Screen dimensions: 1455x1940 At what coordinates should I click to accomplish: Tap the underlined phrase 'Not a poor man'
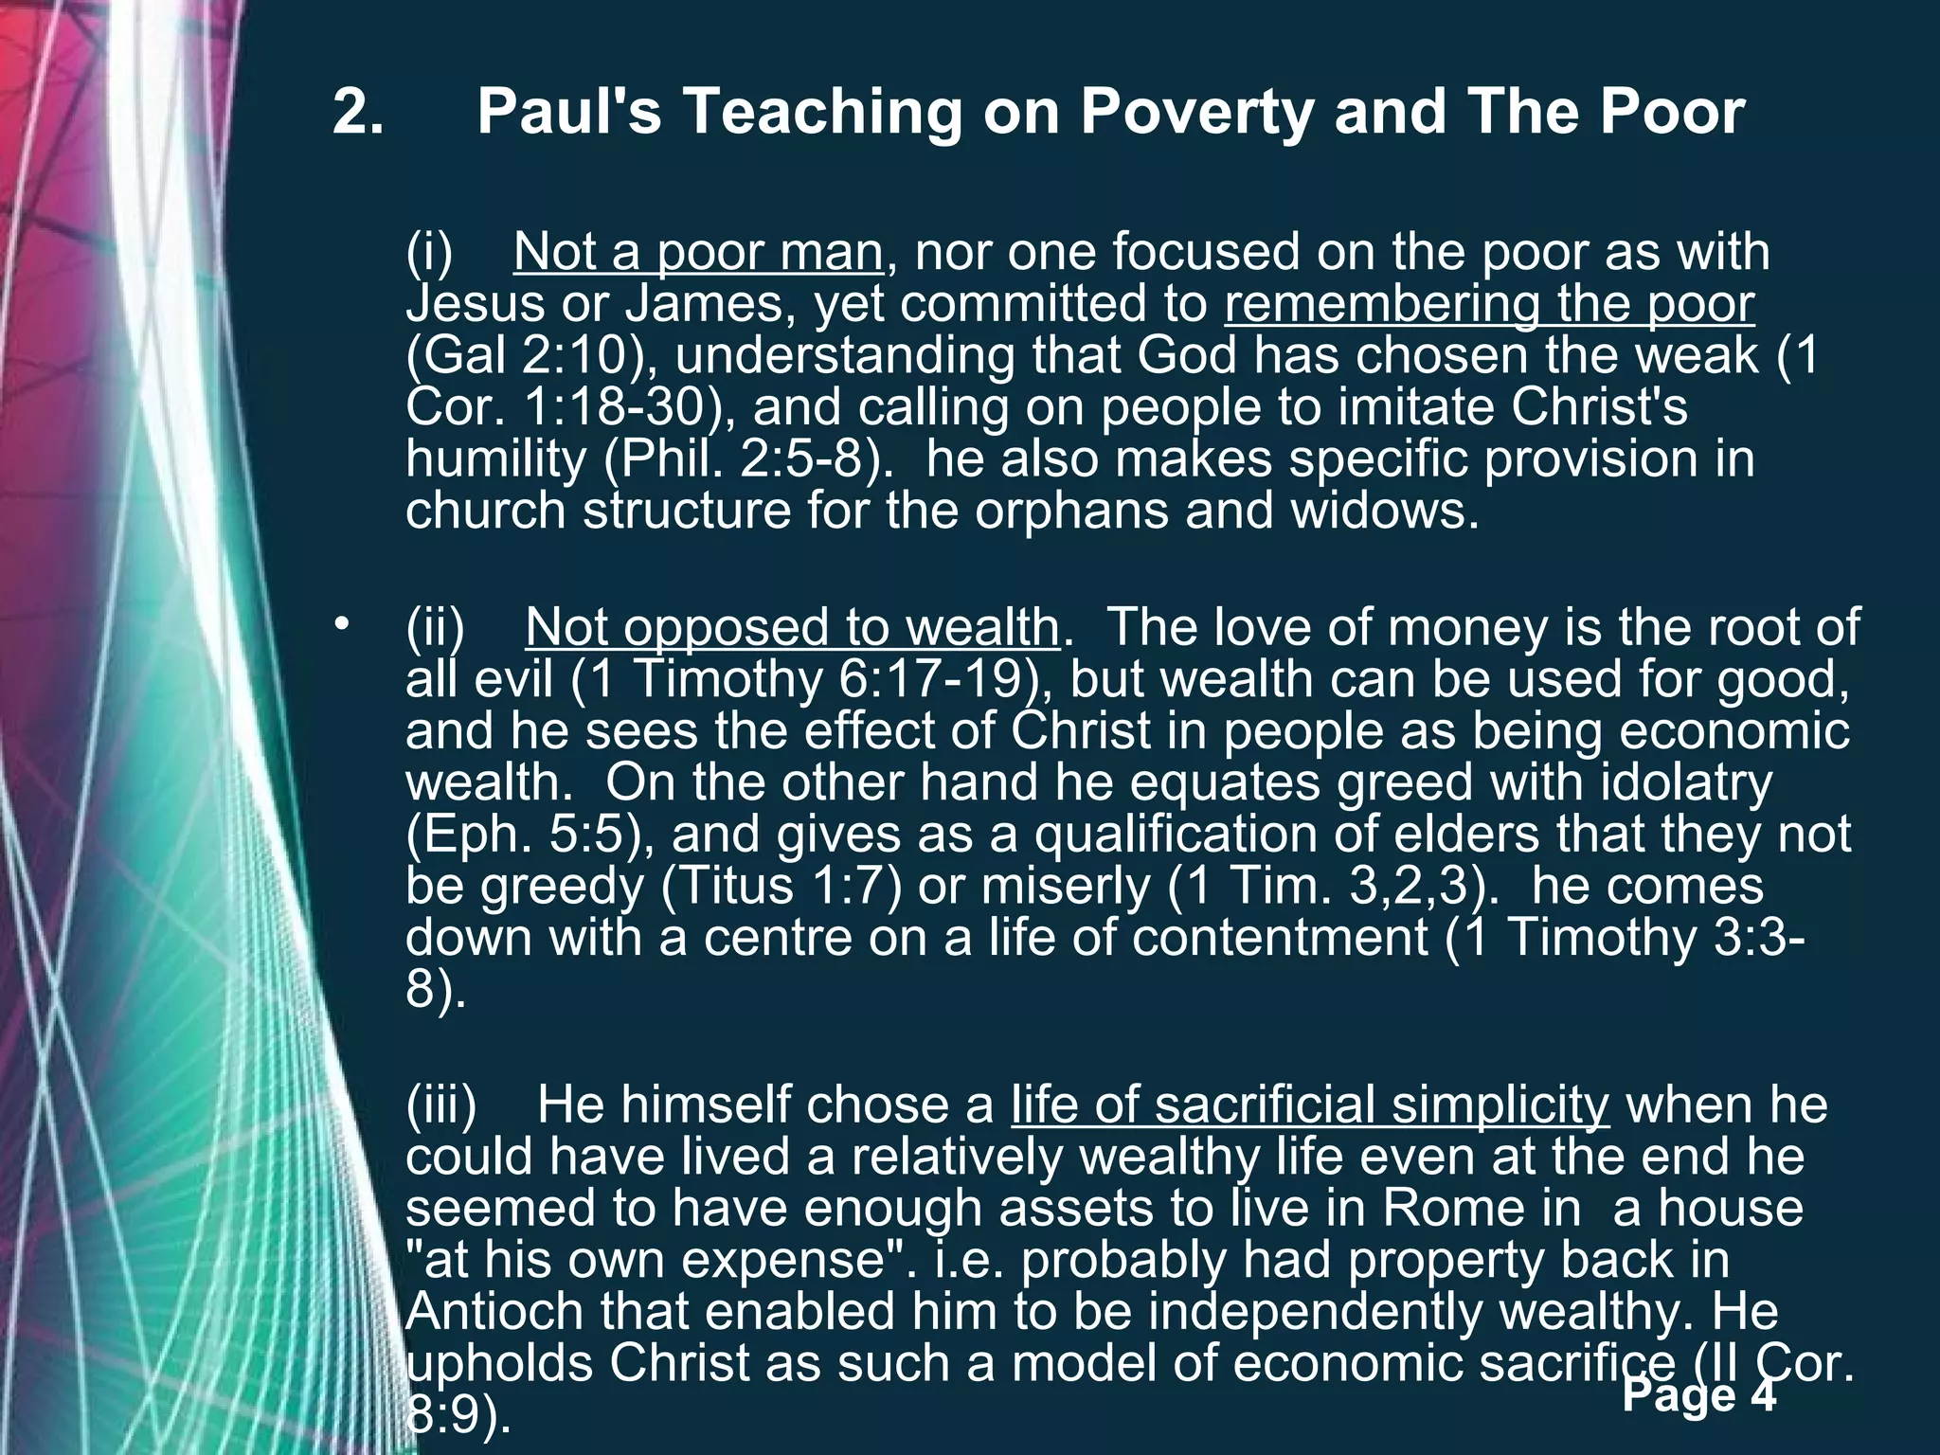pyautogui.click(x=698, y=253)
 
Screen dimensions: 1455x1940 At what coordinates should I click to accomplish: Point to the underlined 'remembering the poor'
pyautogui.click(x=1489, y=304)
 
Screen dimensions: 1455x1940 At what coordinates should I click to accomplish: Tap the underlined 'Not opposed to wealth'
pyautogui.click(x=792, y=627)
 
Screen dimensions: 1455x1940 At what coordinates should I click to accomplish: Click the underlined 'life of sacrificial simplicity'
pyautogui.click(x=1310, y=1105)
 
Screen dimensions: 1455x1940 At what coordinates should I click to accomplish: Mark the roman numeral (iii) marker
pyautogui.click(x=441, y=1105)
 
